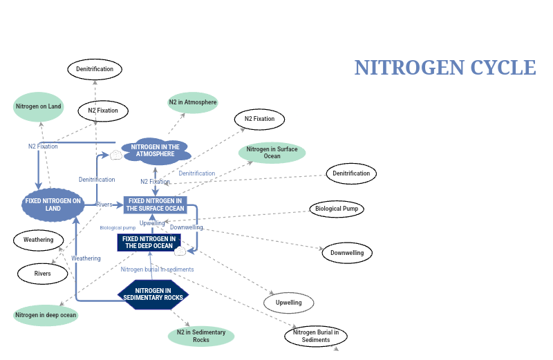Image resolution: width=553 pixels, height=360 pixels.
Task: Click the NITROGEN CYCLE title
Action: pyautogui.click(x=444, y=68)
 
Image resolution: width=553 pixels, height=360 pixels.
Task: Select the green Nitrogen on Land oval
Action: pyautogui.click(x=39, y=106)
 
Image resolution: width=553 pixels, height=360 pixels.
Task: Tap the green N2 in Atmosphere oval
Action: pyautogui.click(x=193, y=102)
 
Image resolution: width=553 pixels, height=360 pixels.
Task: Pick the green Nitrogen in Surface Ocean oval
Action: pyautogui.click(x=272, y=153)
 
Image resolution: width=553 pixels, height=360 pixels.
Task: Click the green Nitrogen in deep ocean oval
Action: pyautogui.click(x=46, y=315)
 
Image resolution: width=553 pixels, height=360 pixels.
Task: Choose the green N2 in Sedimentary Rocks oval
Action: pyautogui.click(x=201, y=336)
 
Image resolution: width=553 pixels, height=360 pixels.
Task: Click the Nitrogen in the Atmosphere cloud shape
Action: pyautogui.click(x=155, y=150)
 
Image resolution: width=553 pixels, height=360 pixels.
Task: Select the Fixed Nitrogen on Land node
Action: pyautogui.click(x=53, y=205)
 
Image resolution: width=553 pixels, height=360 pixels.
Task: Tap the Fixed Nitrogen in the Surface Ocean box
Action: pyautogui.click(x=156, y=205)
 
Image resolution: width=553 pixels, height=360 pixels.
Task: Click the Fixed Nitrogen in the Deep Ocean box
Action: pyautogui.click(x=148, y=242)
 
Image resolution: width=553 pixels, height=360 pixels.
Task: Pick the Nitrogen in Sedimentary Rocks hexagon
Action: pyautogui.click(x=153, y=294)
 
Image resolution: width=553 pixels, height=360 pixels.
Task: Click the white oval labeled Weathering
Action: pyautogui.click(x=39, y=240)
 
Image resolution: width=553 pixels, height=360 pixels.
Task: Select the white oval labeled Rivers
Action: pyautogui.click(x=42, y=274)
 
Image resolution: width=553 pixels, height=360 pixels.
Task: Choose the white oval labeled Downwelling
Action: pyautogui.click(x=347, y=253)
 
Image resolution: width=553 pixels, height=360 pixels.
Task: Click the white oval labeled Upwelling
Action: pyautogui.click(x=289, y=303)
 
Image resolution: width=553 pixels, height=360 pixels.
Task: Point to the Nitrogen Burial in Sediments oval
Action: pyautogui.click(x=316, y=337)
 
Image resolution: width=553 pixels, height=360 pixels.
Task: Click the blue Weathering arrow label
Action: pyautogui.click(x=86, y=258)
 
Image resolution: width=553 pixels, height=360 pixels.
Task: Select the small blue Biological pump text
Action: pyautogui.click(x=118, y=227)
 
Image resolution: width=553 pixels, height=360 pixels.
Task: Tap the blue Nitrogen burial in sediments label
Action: pyautogui.click(x=157, y=269)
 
